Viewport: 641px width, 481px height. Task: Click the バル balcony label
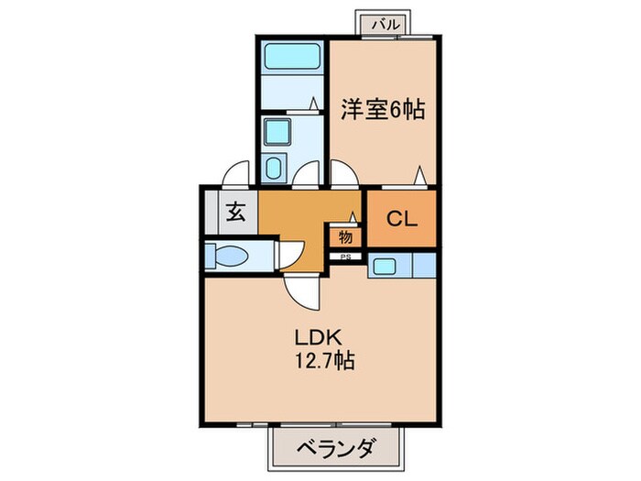386,25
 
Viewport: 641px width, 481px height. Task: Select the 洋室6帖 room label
383,110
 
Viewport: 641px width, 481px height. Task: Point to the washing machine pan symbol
275,168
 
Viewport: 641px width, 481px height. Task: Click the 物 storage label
345,236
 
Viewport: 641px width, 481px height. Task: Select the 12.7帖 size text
320,360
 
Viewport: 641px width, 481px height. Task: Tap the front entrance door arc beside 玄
237,174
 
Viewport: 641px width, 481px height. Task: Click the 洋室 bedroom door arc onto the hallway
344,174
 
